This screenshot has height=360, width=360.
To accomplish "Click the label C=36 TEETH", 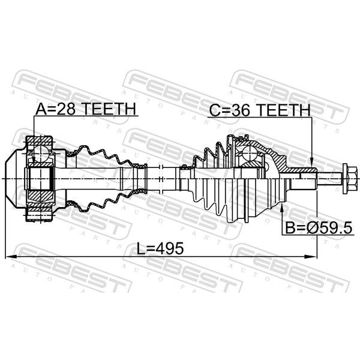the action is click(260, 110).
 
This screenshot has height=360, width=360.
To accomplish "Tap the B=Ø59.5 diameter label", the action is click(319, 228).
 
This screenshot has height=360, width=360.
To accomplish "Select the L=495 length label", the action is click(160, 248).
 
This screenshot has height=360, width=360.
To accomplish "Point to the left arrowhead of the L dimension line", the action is click(10, 256).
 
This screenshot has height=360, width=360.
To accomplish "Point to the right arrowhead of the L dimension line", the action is click(311, 256).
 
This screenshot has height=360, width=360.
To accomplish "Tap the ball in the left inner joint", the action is click(41, 152).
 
